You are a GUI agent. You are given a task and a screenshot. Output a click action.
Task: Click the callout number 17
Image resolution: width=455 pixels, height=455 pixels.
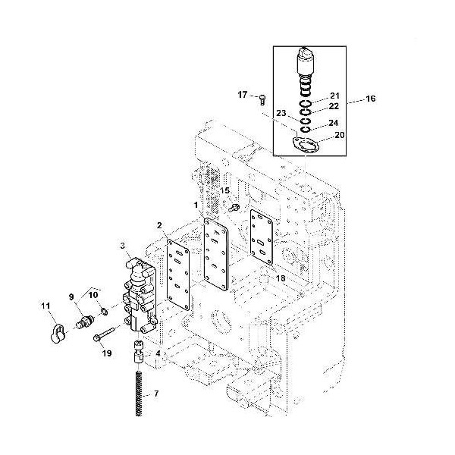click(243, 95)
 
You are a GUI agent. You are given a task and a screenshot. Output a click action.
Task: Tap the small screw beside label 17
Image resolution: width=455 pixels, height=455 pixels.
click(263, 100)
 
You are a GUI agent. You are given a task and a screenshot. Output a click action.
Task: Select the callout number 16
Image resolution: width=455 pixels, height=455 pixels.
click(371, 99)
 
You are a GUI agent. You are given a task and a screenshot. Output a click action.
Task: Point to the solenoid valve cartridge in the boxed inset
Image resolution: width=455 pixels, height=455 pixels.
click(306, 71)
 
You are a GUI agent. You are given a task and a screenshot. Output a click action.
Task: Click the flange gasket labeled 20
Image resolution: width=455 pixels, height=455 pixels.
click(306, 144)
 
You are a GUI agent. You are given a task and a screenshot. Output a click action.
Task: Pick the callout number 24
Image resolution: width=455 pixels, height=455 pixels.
click(334, 123)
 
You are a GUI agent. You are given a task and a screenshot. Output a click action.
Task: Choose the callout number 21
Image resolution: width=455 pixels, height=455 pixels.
click(334, 96)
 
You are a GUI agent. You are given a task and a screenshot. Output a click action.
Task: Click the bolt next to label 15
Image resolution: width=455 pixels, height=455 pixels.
click(234, 208)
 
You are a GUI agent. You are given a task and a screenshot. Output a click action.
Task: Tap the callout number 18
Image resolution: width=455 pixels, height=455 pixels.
click(281, 278)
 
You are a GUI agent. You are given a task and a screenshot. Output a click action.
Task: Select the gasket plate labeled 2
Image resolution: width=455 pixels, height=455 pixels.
click(178, 275)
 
